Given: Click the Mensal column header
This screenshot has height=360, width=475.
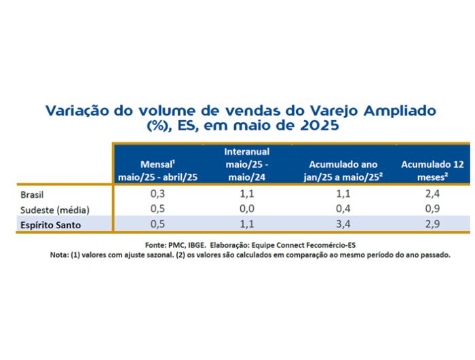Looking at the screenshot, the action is pos(157,170).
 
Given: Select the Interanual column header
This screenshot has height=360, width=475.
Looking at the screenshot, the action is pos(247,164).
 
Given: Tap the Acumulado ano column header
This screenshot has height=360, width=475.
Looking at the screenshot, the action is pos(343,170).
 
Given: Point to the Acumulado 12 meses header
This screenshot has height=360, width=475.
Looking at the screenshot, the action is pos(432,170).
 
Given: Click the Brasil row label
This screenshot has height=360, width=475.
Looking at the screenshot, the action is pos(32,194).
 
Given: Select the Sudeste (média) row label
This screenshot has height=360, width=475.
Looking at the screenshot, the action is pos(55,210).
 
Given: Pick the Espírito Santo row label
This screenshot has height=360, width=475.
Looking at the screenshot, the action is pos(51,225).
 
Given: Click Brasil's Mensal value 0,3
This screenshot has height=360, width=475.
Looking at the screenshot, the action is pos(157,194).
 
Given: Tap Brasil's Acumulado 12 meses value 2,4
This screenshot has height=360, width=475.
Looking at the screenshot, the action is pos(432,194).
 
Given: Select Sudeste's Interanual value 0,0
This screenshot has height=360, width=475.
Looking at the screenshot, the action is pos(247,209).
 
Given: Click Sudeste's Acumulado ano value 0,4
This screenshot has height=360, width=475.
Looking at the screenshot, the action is pos(343,209).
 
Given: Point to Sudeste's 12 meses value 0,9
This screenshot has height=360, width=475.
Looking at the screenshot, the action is pos(432,209).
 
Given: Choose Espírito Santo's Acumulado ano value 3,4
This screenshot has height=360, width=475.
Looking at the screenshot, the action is pos(343,224).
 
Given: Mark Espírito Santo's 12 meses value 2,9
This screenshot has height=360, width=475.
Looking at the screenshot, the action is pos(432,224).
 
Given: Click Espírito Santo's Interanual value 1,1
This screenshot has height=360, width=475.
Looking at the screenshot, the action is pos(247,224).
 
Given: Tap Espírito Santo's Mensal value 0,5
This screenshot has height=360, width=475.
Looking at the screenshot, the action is pos(157,224).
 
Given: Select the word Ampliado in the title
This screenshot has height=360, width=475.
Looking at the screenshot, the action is pos(400,111).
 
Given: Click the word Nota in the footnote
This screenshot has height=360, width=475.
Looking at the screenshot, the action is pos(59,255).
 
